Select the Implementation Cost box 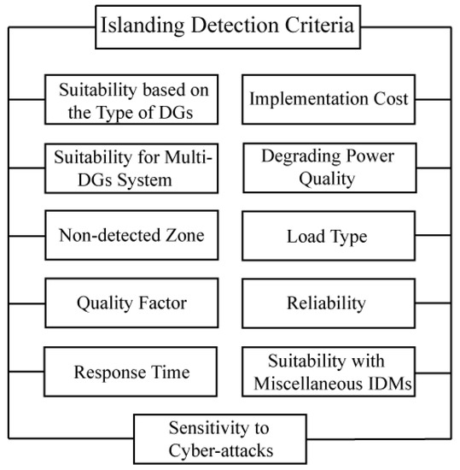329,98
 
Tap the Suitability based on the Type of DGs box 131,98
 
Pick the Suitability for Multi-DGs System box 131,167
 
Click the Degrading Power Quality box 329,167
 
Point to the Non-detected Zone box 131,235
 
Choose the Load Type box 329,235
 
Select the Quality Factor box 131,303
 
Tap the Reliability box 329,303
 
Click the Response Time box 131,373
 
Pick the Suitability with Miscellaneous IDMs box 329,373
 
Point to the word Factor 162,303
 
